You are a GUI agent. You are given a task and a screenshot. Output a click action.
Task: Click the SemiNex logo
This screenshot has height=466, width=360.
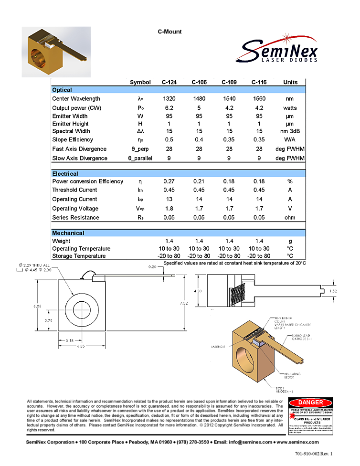[276, 44]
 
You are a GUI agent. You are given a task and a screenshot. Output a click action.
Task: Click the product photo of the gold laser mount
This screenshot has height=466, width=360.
[56, 52]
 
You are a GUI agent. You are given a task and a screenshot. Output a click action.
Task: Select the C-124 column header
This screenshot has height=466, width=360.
[169, 82]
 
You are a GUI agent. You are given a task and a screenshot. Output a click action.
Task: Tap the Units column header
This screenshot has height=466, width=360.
[290, 82]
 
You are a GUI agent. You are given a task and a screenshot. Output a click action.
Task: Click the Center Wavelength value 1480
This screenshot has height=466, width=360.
[199, 99]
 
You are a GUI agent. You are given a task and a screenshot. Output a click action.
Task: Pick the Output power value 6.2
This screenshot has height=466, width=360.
[169, 108]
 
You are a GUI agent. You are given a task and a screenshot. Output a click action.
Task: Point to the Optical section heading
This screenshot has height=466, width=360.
[62, 90]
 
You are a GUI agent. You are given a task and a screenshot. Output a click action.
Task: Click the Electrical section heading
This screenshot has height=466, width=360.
[65, 174]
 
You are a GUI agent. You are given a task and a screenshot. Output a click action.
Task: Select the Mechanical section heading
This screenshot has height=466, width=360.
[68, 233]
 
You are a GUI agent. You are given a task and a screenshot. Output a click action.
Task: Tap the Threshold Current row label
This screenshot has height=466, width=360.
[74, 190]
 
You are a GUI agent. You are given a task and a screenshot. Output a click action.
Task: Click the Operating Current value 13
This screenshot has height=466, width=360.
[169, 199]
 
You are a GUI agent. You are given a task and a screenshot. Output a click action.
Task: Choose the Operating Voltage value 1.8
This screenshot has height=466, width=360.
[169, 209]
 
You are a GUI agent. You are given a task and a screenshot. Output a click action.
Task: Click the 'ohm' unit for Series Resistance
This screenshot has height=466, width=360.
[290, 218]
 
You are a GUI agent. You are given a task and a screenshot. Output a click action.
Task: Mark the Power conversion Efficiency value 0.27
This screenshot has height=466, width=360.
[169, 181]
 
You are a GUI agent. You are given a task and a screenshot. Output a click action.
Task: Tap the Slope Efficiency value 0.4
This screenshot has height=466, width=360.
[199, 140]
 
